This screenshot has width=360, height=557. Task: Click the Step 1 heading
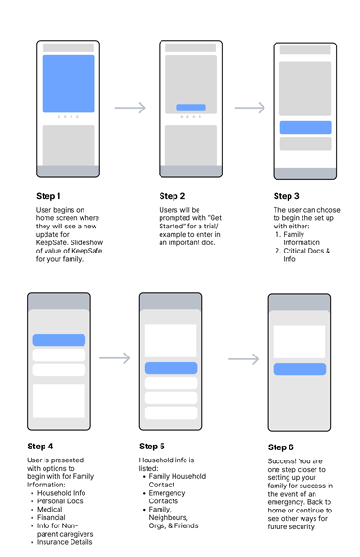[x=48, y=196]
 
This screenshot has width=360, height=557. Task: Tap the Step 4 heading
[x=40, y=447]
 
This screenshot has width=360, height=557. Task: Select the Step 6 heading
[x=281, y=447]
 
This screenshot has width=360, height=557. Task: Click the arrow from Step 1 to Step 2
[x=130, y=108]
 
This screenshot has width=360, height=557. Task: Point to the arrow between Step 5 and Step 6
[x=243, y=359]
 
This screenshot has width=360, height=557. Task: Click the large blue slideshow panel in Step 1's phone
[x=68, y=84]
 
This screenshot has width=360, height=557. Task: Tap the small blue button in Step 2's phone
[x=191, y=108]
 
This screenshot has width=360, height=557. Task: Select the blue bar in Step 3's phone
[x=305, y=127]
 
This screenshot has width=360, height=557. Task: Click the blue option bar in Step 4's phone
[x=59, y=340]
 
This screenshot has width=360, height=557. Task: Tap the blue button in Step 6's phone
[x=300, y=369]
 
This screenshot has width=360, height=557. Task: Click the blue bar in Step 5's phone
[x=171, y=368]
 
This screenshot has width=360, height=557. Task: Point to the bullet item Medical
[x=50, y=509]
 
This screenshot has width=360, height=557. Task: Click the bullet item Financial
[x=51, y=517]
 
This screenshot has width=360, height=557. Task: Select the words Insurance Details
[x=64, y=542]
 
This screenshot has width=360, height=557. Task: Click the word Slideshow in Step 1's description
[x=86, y=242]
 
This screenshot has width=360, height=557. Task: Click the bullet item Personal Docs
[x=60, y=501]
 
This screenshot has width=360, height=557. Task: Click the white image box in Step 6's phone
[x=299, y=342]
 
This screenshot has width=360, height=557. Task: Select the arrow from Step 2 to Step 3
[x=250, y=108]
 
